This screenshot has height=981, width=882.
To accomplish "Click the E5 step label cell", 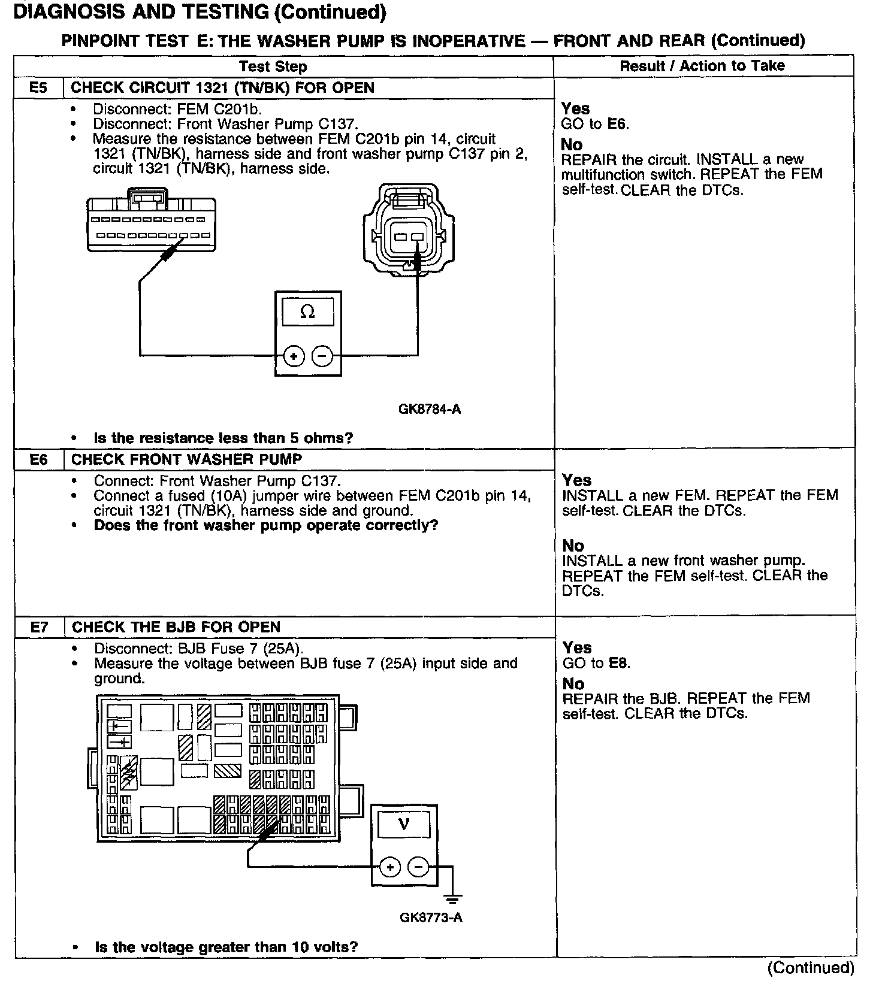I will click(38, 87).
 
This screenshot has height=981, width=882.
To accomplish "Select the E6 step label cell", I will click(38, 459).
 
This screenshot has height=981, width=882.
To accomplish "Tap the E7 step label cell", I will click(39, 627).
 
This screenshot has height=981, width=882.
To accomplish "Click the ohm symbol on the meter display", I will click(307, 312).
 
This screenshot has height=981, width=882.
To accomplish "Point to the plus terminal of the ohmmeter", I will click(294, 357).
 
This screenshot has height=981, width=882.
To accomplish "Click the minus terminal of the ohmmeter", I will click(322, 357).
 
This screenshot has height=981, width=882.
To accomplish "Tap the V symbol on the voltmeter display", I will click(404, 825).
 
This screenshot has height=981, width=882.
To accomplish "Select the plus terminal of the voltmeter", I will click(390, 867).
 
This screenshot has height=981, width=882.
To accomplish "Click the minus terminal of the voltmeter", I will click(418, 867).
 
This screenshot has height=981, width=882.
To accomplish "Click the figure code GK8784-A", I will click(430, 410).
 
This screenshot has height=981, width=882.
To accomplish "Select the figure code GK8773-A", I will click(431, 918).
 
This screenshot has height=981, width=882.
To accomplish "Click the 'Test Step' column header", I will click(273, 66).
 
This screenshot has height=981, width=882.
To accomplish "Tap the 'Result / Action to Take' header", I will click(702, 66).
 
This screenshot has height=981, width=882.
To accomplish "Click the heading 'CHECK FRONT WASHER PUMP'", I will click(187, 459).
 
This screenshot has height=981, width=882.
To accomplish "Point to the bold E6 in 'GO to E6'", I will click(617, 124).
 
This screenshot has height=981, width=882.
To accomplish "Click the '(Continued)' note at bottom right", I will click(811, 968).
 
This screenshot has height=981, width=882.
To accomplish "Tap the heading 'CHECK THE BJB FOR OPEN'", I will click(176, 627).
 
